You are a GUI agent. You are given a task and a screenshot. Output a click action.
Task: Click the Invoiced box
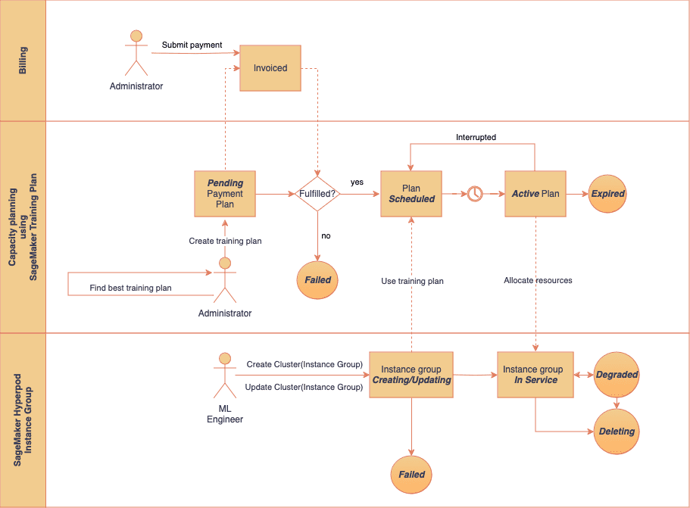(x=270, y=68)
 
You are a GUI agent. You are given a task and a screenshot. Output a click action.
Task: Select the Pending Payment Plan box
(x=225, y=194)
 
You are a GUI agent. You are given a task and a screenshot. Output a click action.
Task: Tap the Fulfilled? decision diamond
(x=318, y=194)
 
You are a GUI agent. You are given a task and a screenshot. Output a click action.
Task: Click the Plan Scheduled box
(x=411, y=194)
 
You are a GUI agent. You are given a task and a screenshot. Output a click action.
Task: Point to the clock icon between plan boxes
(x=474, y=194)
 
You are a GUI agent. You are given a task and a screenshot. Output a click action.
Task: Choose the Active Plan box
(x=535, y=194)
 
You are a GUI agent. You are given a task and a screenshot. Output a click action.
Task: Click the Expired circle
(x=607, y=194)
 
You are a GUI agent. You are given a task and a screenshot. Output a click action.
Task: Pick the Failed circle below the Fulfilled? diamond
(x=318, y=279)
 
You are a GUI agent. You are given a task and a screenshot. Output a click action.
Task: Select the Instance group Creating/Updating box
(x=411, y=375)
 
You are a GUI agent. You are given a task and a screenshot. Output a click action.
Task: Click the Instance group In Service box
(x=535, y=375)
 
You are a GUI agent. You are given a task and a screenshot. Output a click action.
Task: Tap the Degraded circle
(x=617, y=374)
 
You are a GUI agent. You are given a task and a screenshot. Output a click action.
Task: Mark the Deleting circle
(x=617, y=432)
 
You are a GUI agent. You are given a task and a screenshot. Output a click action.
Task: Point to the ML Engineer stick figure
(x=224, y=376)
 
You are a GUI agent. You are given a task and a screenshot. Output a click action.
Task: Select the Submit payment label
(x=192, y=45)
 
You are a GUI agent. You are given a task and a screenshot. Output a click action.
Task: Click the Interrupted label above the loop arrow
(x=476, y=137)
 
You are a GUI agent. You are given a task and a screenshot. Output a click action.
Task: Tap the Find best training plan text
(x=130, y=288)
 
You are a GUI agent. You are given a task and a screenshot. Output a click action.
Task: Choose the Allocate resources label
(x=538, y=280)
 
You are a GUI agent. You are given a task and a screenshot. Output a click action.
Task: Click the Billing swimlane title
(x=23, y=61)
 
